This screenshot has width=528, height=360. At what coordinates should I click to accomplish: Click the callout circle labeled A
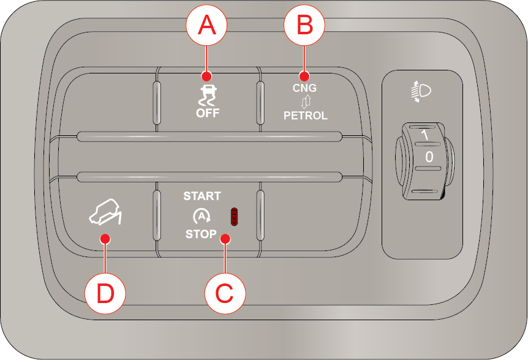tap(206, 25)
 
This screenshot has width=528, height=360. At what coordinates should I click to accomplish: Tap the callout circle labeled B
tap(304, 25)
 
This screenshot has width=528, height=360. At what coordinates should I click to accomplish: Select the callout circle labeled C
tap(225, 293)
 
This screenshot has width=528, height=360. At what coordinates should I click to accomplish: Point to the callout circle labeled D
tap(105, 293)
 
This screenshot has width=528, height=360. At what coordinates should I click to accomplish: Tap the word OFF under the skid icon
tap(208, 113)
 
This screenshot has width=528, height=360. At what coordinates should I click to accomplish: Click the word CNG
tap(304, 88)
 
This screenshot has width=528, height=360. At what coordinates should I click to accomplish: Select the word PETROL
tap(306, 115)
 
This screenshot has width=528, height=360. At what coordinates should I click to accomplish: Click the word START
tap(202, 196)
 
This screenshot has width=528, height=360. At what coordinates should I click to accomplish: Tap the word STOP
tap(201, 234)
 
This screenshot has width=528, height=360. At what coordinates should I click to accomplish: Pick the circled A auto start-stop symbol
tap(202, 216)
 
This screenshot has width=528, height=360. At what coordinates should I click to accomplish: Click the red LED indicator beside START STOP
tap(234, 217)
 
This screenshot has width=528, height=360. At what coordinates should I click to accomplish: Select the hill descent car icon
tap(106, 212)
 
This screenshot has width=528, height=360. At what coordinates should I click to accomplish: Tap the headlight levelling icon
tap(421, 91)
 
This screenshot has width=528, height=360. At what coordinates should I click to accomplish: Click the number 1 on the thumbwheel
tap(425, 135)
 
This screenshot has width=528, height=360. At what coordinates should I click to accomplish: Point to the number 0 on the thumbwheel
tap(429, 157)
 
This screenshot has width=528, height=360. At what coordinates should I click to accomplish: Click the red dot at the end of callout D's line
tap(105, 239)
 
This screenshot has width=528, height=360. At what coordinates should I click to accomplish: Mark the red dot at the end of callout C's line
tap(225, 239)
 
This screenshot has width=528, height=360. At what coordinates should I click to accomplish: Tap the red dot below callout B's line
tap(304, 76)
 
